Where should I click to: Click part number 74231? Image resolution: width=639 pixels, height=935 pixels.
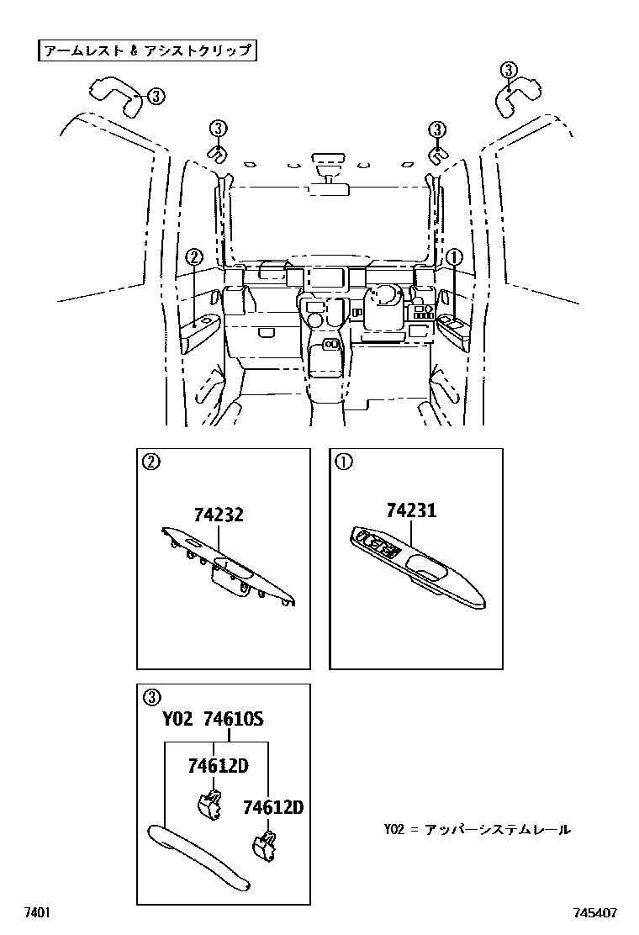coord(411,510)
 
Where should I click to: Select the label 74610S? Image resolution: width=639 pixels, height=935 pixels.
coord(234,720)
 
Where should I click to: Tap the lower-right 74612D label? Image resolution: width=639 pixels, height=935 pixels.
coord(272,807)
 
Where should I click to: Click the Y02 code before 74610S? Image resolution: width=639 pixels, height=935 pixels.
coord(177,720)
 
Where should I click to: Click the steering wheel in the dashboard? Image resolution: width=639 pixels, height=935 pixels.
coord(383,298)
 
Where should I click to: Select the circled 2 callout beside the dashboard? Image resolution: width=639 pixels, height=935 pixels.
coord(194,257)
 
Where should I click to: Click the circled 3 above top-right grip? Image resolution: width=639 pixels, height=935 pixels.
coord(510,70)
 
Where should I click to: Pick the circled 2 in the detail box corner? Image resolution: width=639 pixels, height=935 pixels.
coord(151,461)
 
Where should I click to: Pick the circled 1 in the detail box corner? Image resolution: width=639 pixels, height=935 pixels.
coord(343,461)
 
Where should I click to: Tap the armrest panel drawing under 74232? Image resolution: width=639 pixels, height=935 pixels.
coord(227,567)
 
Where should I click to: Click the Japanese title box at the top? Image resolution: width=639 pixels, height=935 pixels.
coord(146,50)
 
